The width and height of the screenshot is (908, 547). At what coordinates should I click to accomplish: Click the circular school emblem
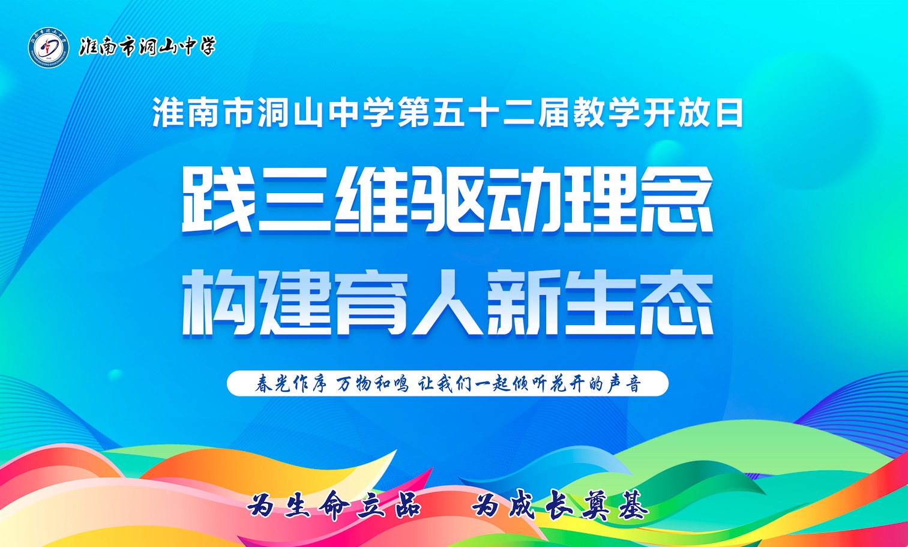pos(48,48)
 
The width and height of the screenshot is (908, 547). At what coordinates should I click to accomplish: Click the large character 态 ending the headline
pos(676,303)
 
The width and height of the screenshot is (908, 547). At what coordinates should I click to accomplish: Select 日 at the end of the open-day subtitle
pos(730,112)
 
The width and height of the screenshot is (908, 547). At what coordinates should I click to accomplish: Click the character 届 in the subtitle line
pos(553,112)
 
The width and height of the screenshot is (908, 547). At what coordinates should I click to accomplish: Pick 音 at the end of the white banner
pos(631,384)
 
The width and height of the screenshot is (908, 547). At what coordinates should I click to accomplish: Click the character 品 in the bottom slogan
pos(407,505)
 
